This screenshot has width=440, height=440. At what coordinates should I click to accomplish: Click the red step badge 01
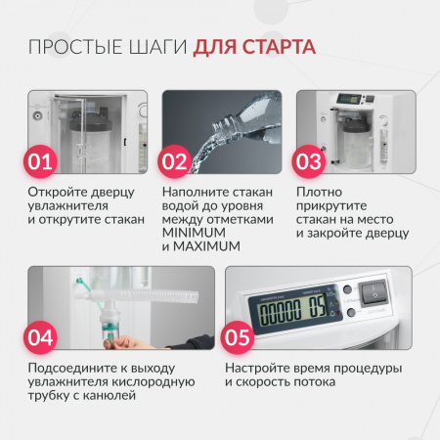coord(40,161)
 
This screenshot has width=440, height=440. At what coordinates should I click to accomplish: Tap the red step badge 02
coord(174,161)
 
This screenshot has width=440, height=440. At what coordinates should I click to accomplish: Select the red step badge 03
coord(309,161)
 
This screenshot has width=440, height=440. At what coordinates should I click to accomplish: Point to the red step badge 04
coord(40,337)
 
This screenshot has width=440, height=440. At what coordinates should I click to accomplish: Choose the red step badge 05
coord(238,337)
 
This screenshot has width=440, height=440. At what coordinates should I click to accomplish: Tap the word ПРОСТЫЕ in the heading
coord(75,47)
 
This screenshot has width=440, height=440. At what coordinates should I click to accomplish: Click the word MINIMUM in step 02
coord(194,233)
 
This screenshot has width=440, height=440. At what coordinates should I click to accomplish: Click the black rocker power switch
coord(374,291)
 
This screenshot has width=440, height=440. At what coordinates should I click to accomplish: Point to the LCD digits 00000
coord(280,312)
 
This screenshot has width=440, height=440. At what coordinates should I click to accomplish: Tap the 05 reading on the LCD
coord(317,306)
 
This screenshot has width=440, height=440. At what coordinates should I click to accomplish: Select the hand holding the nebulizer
coord(130,342)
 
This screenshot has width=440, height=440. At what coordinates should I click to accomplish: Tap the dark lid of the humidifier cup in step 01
coord(91,119)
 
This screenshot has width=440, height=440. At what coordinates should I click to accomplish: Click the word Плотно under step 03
coord(319,192)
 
